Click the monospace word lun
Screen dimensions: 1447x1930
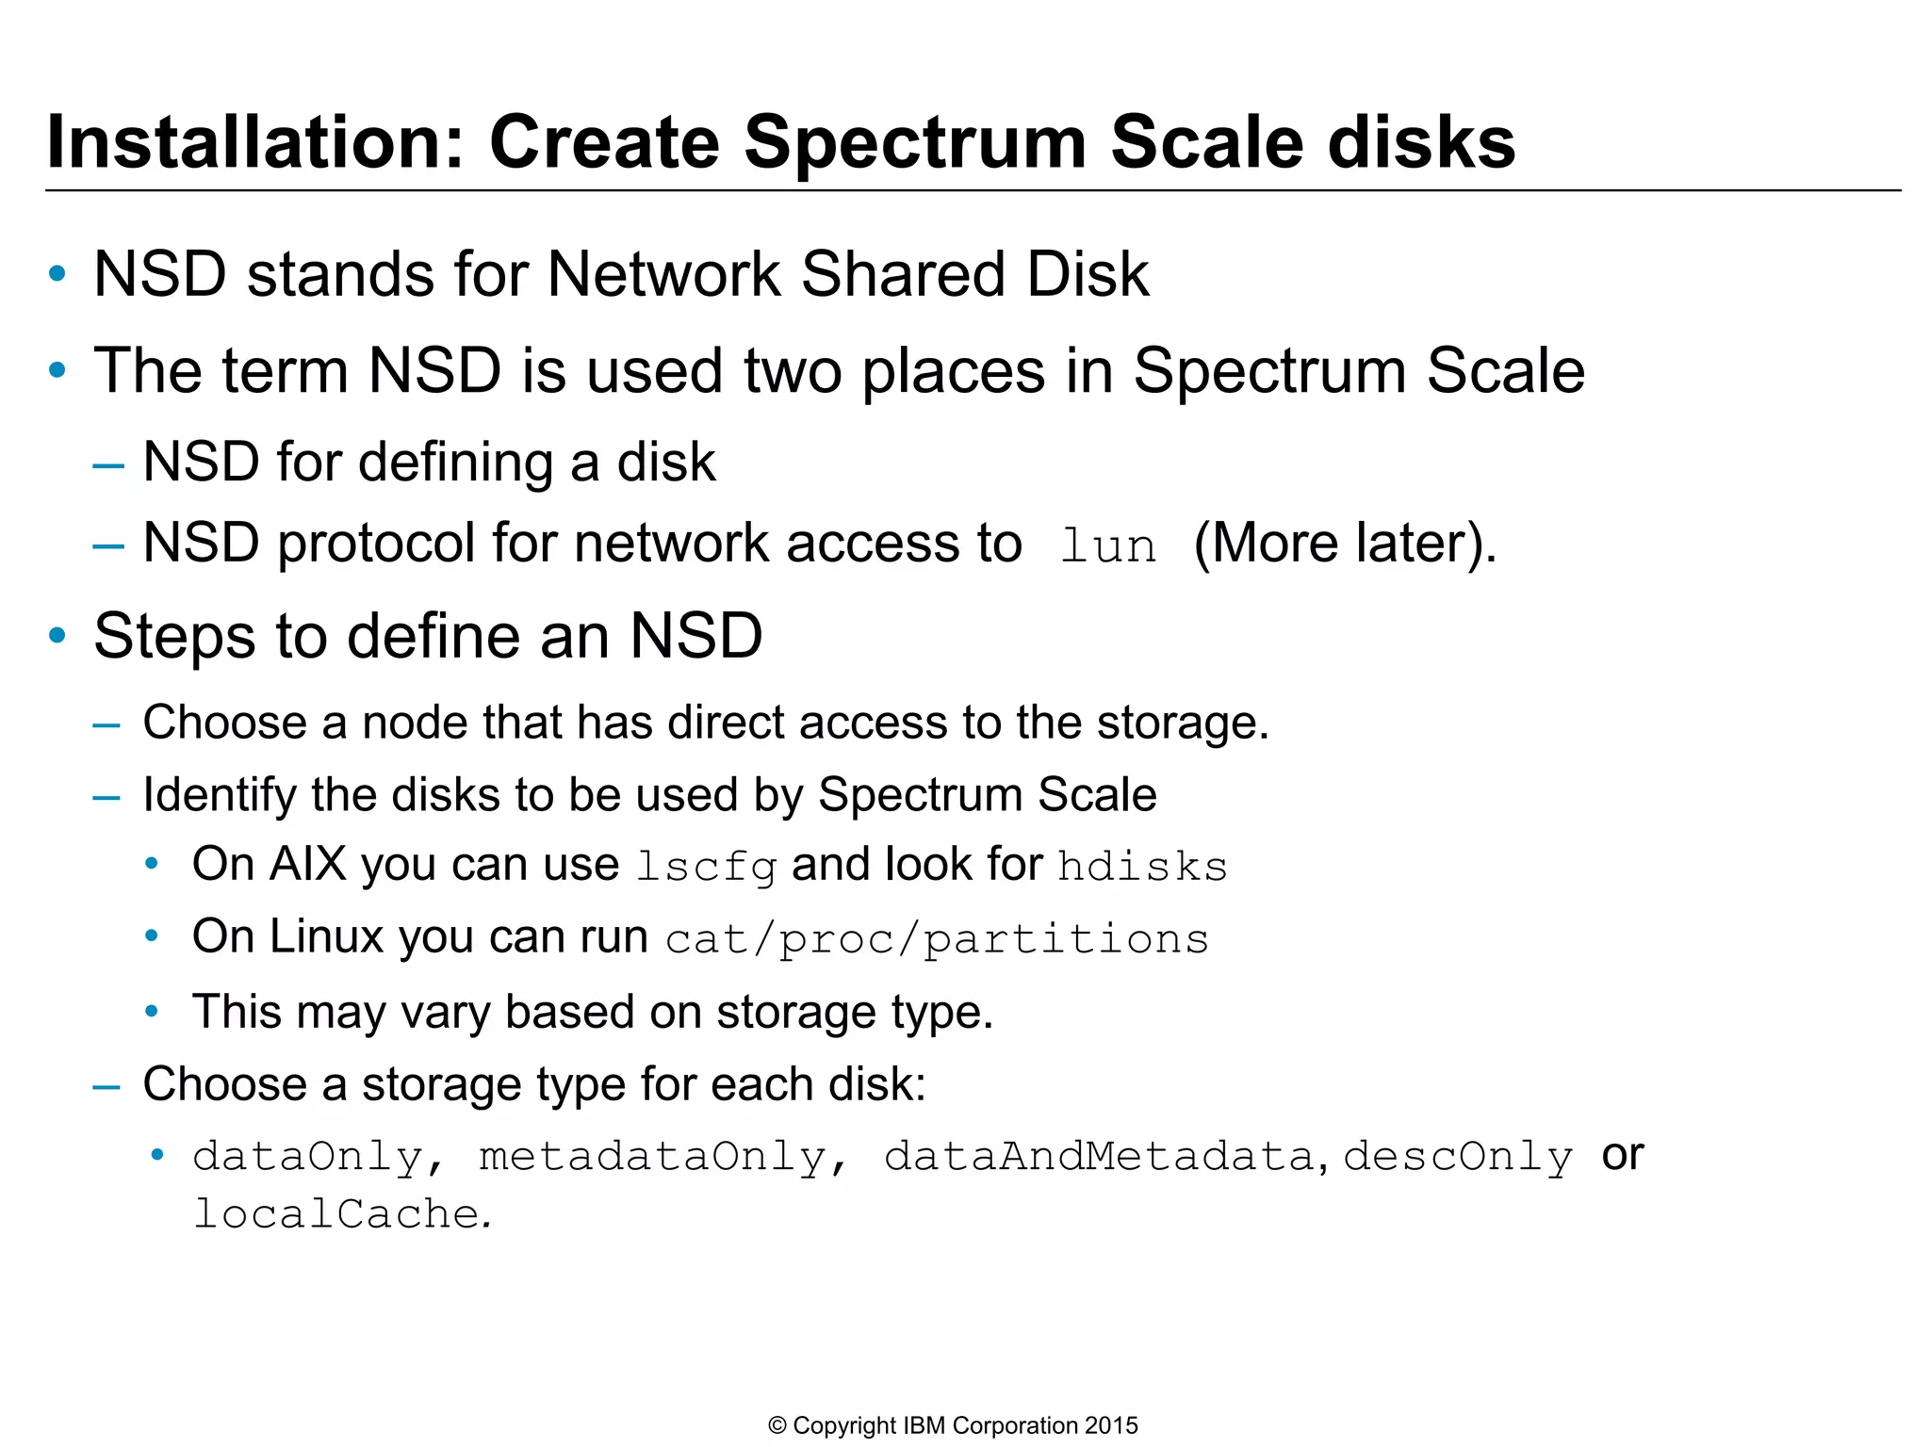coord(1107,546)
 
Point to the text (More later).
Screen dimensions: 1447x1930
coord(1344,545)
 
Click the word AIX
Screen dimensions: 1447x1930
coord(308,865)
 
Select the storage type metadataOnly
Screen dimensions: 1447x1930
coord(652,1157)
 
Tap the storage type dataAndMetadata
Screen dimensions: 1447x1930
coord(1098,1157)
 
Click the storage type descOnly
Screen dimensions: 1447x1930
coord(1457,1157)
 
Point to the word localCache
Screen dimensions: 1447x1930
coord(336,1214)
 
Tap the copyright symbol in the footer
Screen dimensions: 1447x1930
coord(777,1426)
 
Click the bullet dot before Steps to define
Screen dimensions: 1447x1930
coord(57,636)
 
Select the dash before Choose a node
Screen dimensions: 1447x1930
coord(107,724)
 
